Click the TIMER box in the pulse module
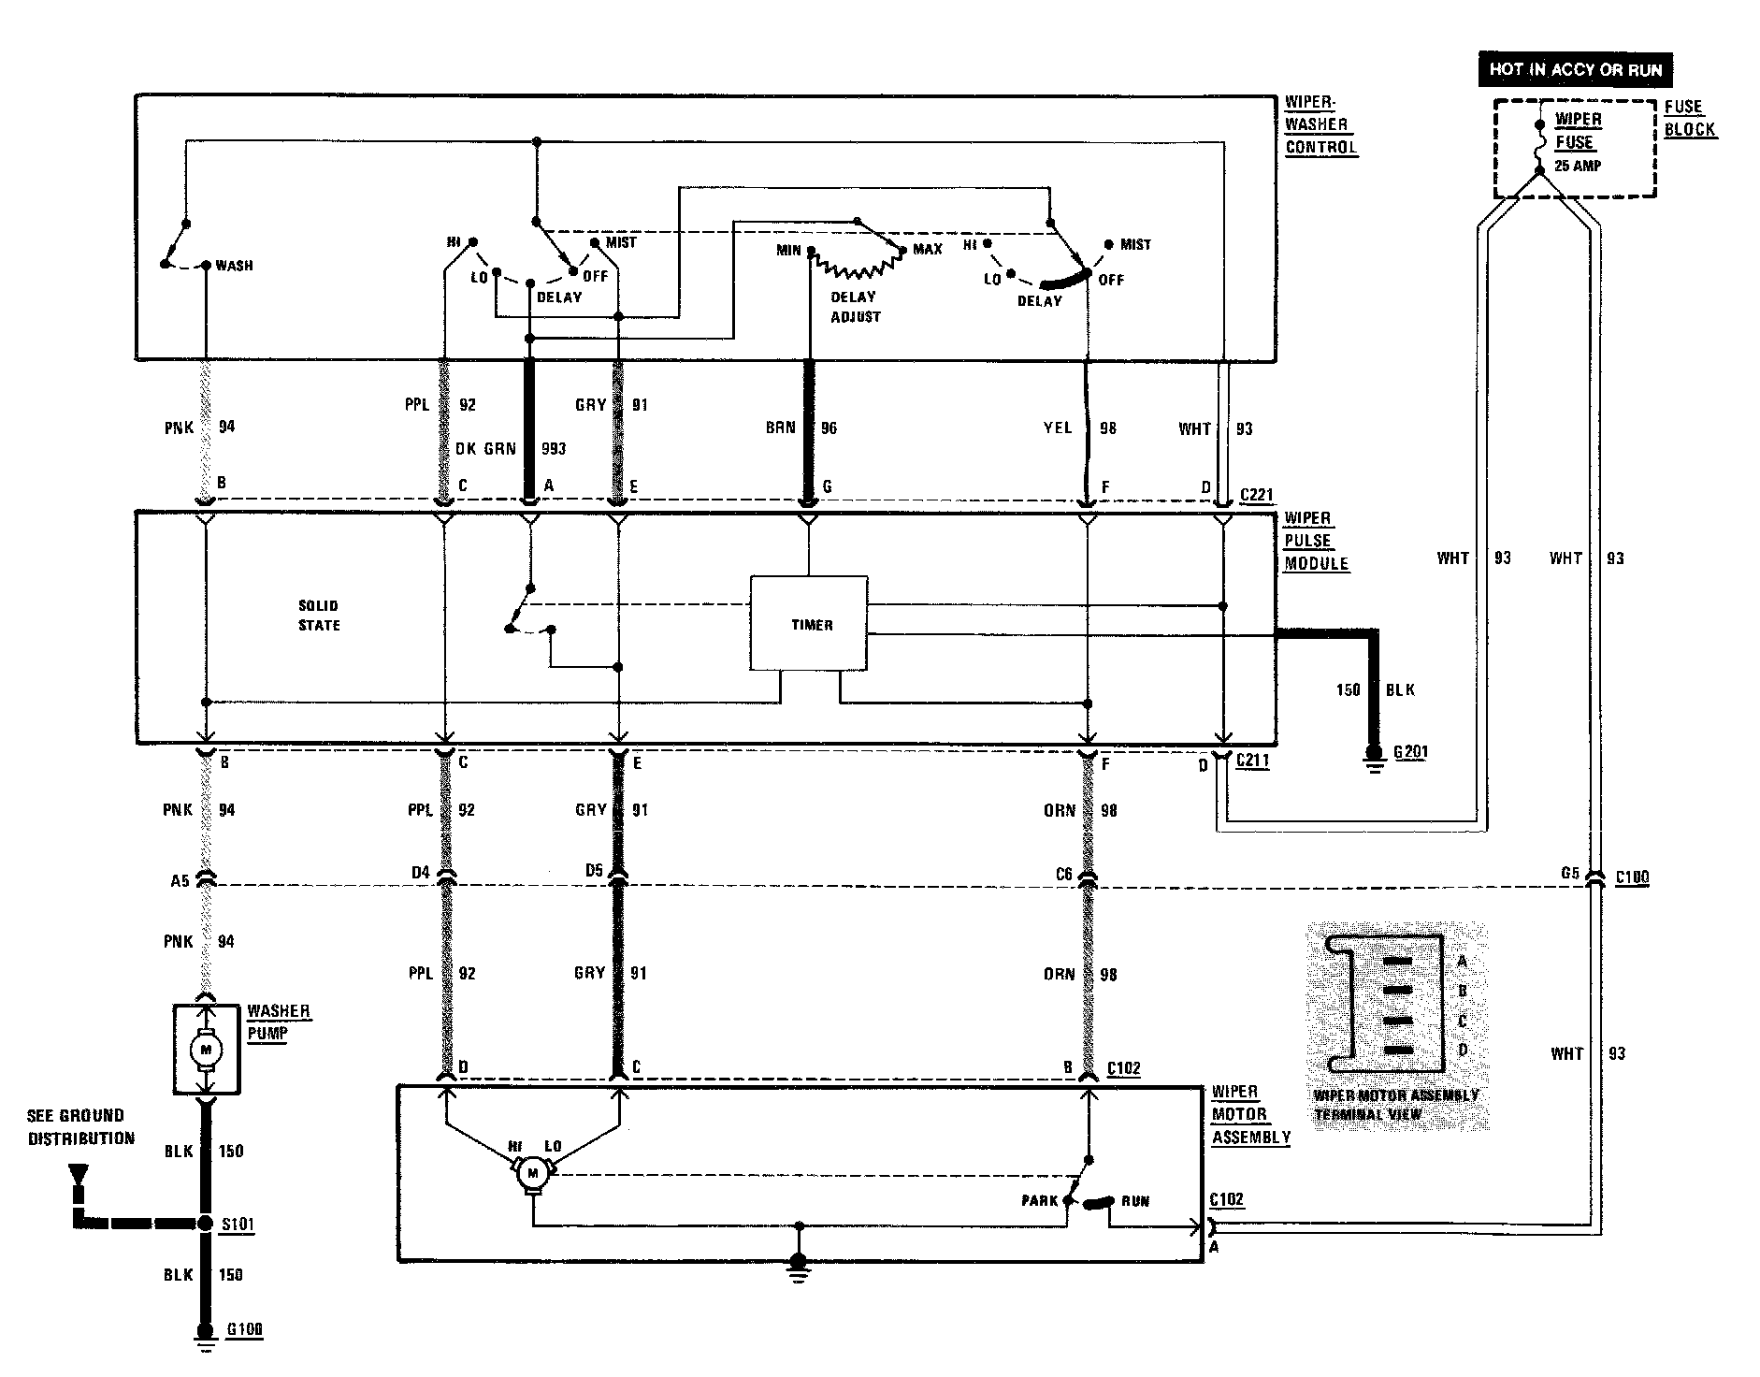click(x=809, y=624)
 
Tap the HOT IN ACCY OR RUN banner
click(x=1575, y=69)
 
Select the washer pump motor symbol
click(x=207, y=1050)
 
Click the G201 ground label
click(x=1410, y=752)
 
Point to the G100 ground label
click(x=244, y=1329)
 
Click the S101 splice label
click(x=237, y=1224)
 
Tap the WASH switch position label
click(x=234, y=266)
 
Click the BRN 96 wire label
click(x=801, y=428)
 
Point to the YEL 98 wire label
click(x=1079, y=428)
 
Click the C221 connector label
click(x=1256, y=495)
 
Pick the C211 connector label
click(x=1253, y=760)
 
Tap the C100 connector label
click(x=1632, y=877)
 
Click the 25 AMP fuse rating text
click(x=1578, y=166)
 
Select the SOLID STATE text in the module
click(x=319, y=616)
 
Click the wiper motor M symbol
click(x=533, y=1173)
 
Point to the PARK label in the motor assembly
click(x=1039, y=1201)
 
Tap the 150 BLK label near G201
click(x=1375, y=690)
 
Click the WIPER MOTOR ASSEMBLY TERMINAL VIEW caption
click(x=1395, y=1105)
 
